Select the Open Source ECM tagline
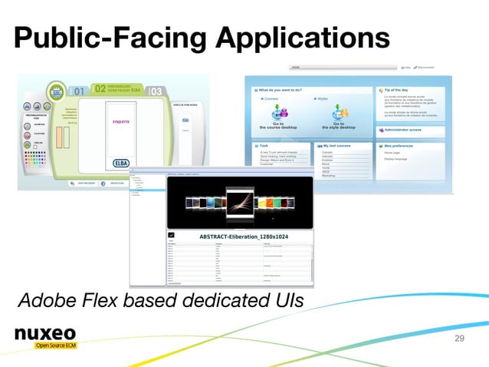(x=54, y=346)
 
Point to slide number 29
(x=460, y=338)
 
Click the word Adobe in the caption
(x=48, y=298)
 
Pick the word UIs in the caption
(x=284, y=298)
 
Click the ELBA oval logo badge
(x=120, y=163)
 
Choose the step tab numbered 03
(x=156, y=91)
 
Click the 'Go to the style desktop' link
(x=337, y=126)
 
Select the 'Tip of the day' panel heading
(x=397, y=90)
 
